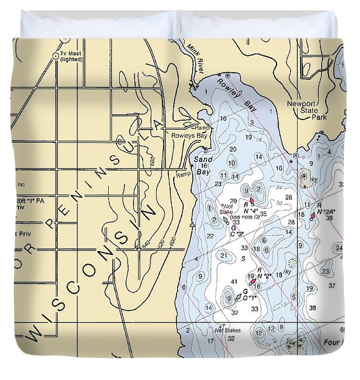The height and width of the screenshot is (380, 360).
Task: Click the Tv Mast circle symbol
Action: [x=56, y=56]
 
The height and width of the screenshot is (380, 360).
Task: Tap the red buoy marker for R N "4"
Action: [x=252, y=201]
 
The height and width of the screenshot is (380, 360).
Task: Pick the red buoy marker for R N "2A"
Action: [x=313, y=216]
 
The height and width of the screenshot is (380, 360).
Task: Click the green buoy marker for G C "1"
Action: [x=238, y=297]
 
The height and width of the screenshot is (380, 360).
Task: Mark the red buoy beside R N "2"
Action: [x=253, y=281]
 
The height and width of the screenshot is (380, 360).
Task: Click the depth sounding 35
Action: [x=263, y=214]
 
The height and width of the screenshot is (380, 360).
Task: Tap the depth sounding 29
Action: [x=233, y=201]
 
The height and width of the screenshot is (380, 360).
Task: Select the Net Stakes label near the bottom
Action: [x=227, y=330]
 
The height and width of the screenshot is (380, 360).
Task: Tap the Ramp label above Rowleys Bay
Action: [x=202, y=127]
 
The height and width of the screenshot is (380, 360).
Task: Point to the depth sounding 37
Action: [x=332, y=286]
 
